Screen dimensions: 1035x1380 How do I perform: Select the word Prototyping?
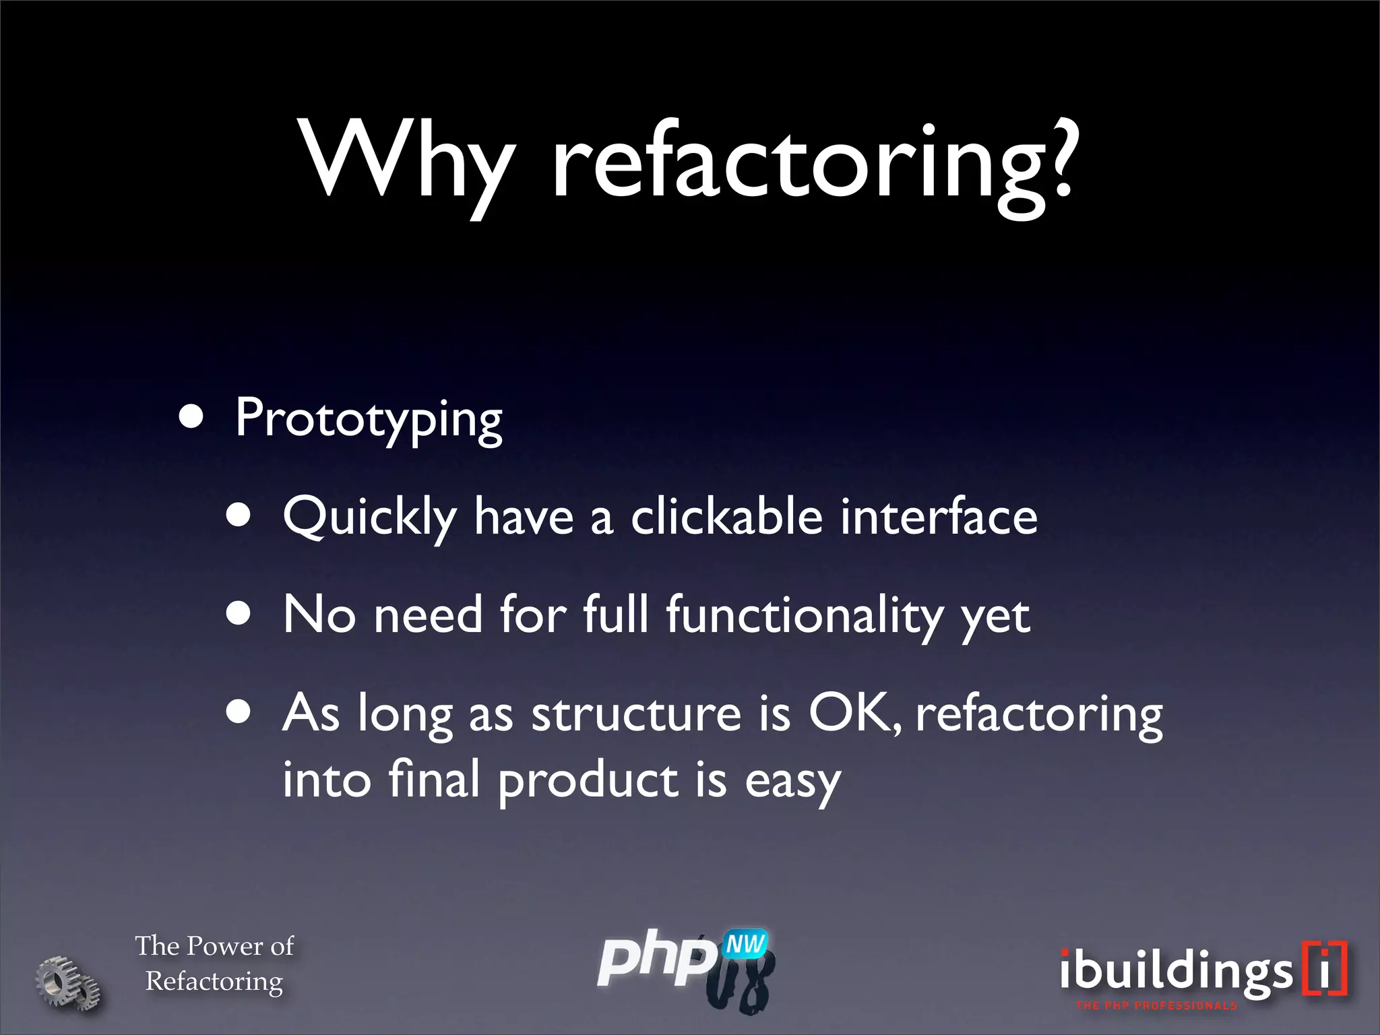pyautogui.click(x=369, y=419)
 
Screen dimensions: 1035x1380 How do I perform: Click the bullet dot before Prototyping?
pyautogui.click(x=191, y=417)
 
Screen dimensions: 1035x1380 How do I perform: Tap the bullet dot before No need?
pyautogui.click(x=239, y=614)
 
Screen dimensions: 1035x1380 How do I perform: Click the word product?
pyautogui.click(x=588, y=780)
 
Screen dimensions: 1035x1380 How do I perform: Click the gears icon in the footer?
pyautogui.click(x=67, y=983)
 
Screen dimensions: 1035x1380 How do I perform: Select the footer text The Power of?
pyautogui.click(x=214, y=946)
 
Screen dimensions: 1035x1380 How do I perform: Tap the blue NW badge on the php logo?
pyautogui.click(x=745, y=944)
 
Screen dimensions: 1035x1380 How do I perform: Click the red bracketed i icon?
pyautogui.click(x=1324, y=968)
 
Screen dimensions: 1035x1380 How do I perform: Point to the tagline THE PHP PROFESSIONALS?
pyautogui.click(x=1156, y=1006)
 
